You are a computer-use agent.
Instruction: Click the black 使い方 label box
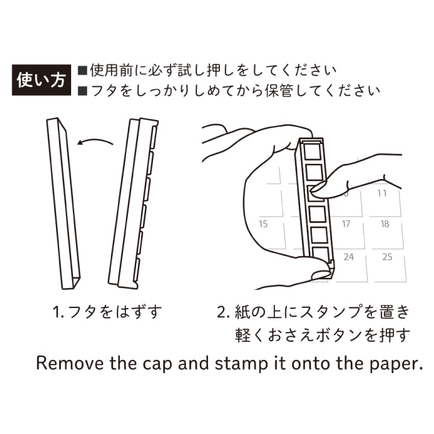point(41,80)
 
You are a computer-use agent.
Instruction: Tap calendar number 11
point(382,193)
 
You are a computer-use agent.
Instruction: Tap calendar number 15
point(263,224)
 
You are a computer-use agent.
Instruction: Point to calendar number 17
point(345,224)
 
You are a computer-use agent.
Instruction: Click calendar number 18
point(385,224)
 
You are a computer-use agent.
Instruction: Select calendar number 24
point(348,257)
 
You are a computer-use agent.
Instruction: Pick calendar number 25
point(387,257)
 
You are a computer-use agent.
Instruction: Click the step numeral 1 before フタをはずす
point(55,313)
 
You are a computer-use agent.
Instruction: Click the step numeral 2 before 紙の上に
point(221,313)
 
